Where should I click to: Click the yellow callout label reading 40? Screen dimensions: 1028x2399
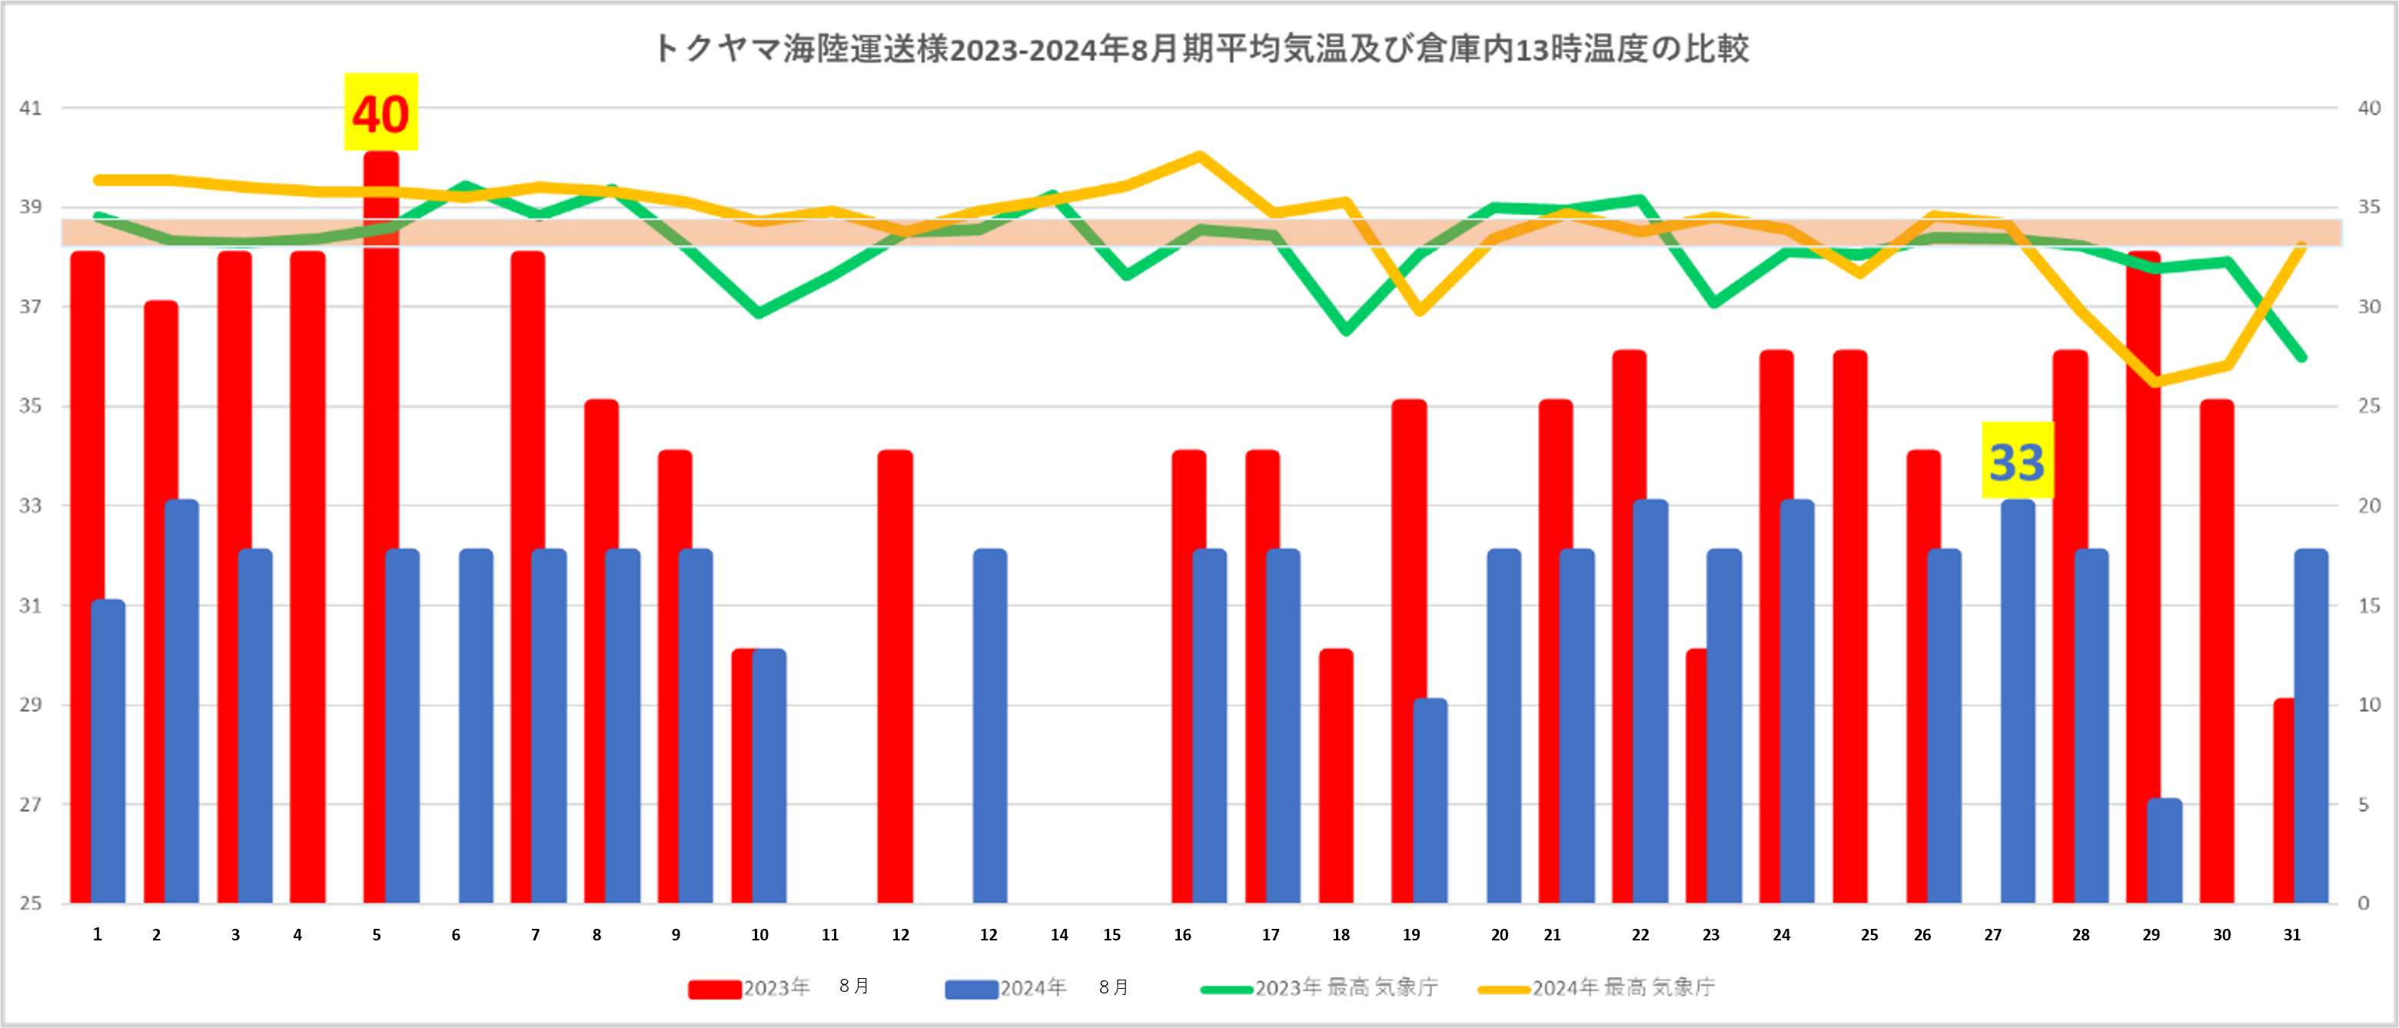point(381,113)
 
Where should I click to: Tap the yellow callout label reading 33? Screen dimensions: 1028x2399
point(2017,461)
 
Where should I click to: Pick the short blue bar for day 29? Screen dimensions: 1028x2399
point(2165,851)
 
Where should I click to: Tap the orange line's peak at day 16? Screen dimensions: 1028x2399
point(1201,155)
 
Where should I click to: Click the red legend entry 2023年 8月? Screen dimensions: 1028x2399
point(778,988)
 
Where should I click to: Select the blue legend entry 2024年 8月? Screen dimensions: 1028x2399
point(1035,988)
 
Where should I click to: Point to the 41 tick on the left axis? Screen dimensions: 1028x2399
point(31,108)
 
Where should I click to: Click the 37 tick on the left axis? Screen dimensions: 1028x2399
point(31,307)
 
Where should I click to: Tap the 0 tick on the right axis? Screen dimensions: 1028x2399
point(2363,904)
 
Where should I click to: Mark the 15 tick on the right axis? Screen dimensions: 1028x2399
point(2368,605)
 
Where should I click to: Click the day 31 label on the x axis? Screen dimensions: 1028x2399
point(2292,935)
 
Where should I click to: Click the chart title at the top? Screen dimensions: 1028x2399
point(1201,48)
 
